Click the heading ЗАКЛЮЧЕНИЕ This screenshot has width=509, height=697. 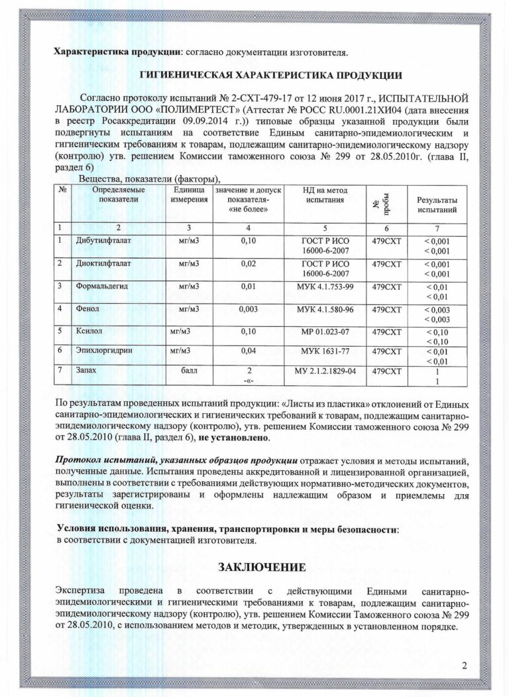coord(262,567)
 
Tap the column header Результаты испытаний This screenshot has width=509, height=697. coord(436,204)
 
